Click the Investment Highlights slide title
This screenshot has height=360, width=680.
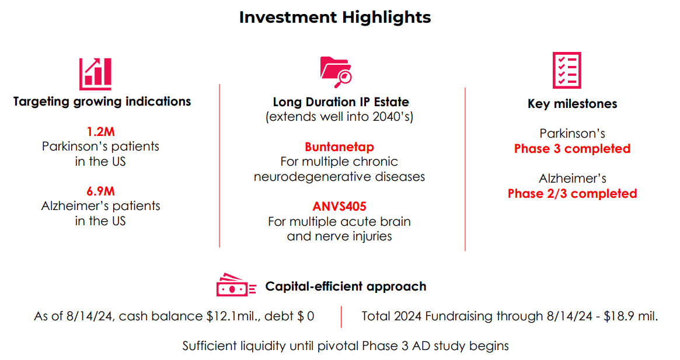pos(335,18)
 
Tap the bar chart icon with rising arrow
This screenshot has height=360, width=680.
pos(96,74)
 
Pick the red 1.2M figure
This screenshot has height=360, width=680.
pos(100,131)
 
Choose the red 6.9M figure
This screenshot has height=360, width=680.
pos(100,191)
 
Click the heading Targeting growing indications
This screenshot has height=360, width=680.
pos(102,102)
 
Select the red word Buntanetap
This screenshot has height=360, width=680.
pos(339,146)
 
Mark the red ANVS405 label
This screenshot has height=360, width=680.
pos(339,207)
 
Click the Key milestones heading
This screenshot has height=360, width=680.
pos(572,104)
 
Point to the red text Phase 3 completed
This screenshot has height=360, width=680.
pos(572,149)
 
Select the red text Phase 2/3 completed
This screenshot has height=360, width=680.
pos(572,193)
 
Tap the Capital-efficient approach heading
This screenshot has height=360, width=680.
pos(346,286)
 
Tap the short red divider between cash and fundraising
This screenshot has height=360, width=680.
pos(341,316)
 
